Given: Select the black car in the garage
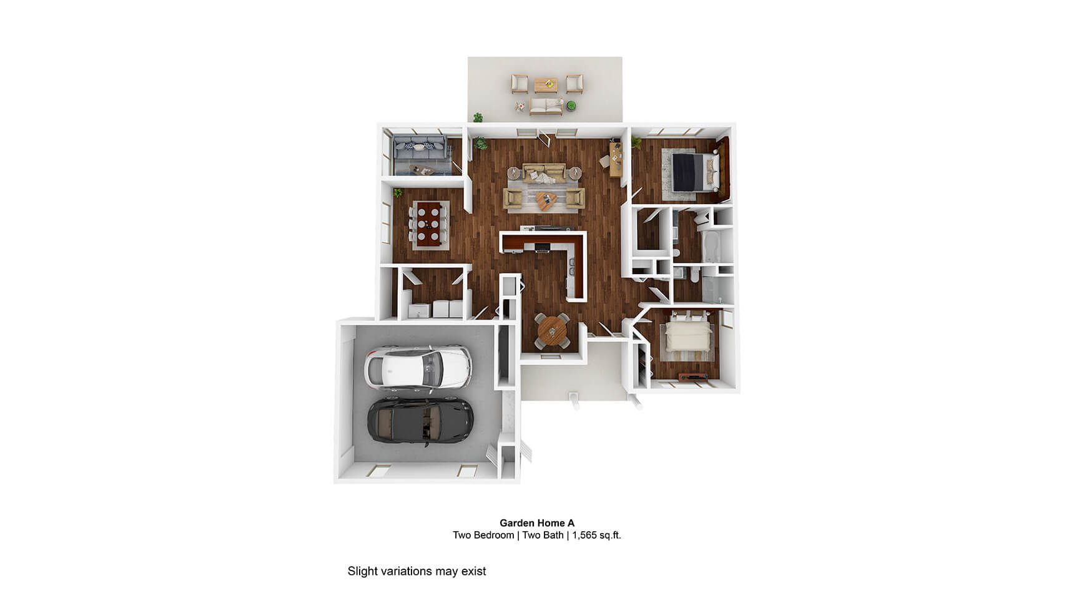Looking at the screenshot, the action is pos(420,421).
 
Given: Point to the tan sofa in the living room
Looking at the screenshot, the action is pos(544,172).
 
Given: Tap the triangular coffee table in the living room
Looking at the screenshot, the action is pos(547,201).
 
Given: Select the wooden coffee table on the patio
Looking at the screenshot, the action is pos(546,84).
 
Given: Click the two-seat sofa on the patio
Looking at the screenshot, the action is pos(546,107).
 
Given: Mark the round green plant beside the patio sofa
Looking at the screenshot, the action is pos(571,107).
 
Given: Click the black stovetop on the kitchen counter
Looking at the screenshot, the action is pos(542,248).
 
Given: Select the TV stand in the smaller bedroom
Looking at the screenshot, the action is pos(692,376).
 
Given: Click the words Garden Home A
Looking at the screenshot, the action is pos(537,523).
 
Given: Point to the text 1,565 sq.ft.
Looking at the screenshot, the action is pos(596,535).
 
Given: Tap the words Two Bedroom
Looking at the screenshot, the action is pos(483,535).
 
